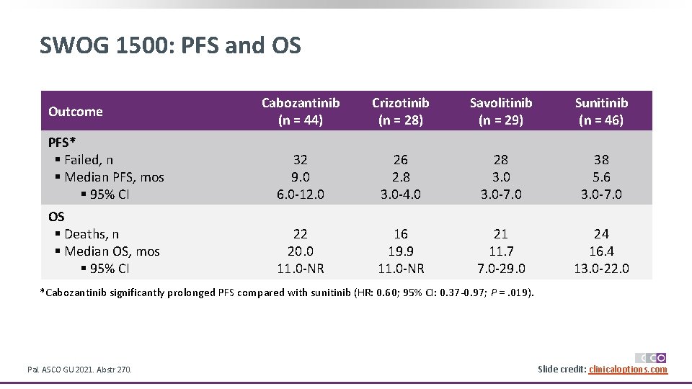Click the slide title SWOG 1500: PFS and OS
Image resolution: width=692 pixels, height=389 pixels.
170,46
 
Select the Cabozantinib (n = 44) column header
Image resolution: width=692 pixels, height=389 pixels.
301,112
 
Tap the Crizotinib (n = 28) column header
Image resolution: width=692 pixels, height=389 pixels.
400,112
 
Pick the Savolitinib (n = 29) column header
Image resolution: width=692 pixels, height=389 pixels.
501,112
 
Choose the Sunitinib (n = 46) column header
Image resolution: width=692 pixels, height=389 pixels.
601,112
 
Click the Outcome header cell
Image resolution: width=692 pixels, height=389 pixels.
76,112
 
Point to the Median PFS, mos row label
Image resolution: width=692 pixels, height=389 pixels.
114,177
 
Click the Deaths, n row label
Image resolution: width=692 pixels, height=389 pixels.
91,234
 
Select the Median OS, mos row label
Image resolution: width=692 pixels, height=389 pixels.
112,251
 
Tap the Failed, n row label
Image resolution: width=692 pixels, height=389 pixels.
88,160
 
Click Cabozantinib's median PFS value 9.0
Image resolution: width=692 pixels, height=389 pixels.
301,177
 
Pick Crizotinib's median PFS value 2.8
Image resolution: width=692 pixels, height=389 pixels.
400,177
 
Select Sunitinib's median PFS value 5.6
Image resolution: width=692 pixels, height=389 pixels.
601,177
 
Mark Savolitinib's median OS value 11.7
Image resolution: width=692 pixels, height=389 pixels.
501,251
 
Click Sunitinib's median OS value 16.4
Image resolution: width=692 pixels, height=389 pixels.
601,251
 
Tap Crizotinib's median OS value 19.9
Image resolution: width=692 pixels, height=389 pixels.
400,251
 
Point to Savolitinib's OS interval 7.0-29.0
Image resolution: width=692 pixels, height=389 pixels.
501,269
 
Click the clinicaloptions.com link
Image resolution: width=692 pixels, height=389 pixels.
628,370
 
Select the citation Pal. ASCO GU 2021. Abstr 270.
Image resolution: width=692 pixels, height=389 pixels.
79,370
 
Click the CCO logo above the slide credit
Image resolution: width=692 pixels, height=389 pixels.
650,357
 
